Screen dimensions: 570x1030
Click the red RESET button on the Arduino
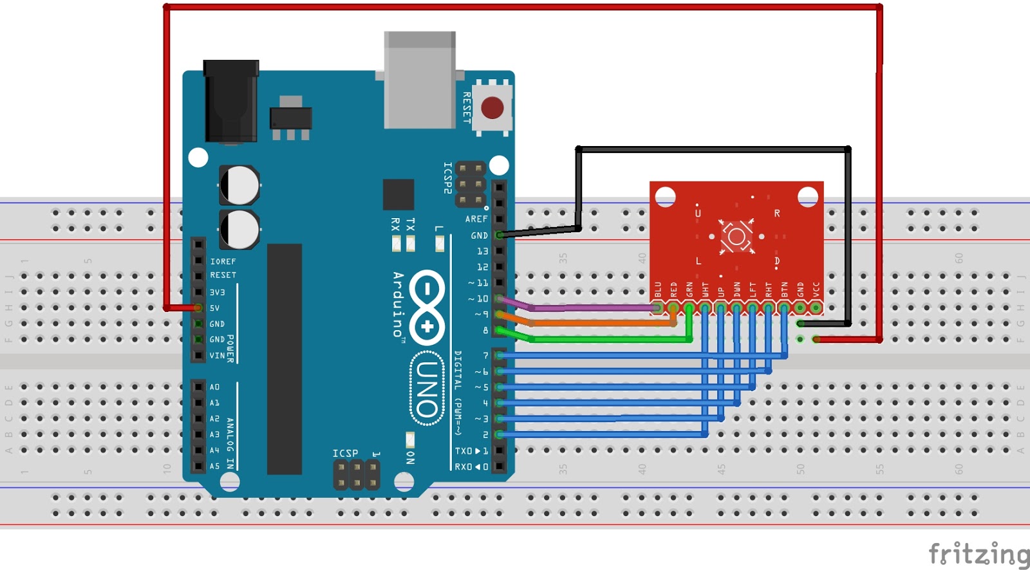tap(492, 107)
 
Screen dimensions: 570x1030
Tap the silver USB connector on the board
tap(420, 80)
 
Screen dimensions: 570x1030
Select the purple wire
tap(592, 308)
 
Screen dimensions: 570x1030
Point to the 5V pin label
tap(214, 308)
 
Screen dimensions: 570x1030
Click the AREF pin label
tap(476, 219)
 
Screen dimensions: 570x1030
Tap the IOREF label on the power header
tap(223, 261)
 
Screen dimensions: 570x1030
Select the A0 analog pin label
tap(214, 387)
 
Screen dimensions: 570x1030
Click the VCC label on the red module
tap(816, 290)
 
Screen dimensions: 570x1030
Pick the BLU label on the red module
tap(658, 290)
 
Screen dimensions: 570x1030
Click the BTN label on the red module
tap(785, 290)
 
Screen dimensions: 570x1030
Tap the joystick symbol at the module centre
tap(736, 236)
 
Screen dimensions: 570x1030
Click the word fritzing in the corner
tap(979, 554)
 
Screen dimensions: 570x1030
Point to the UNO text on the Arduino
tap(427, 389)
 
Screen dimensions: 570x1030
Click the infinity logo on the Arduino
tap(427, 307)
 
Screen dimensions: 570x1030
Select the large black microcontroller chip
tap(285, 359)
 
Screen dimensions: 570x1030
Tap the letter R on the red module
tap(777, 213)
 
